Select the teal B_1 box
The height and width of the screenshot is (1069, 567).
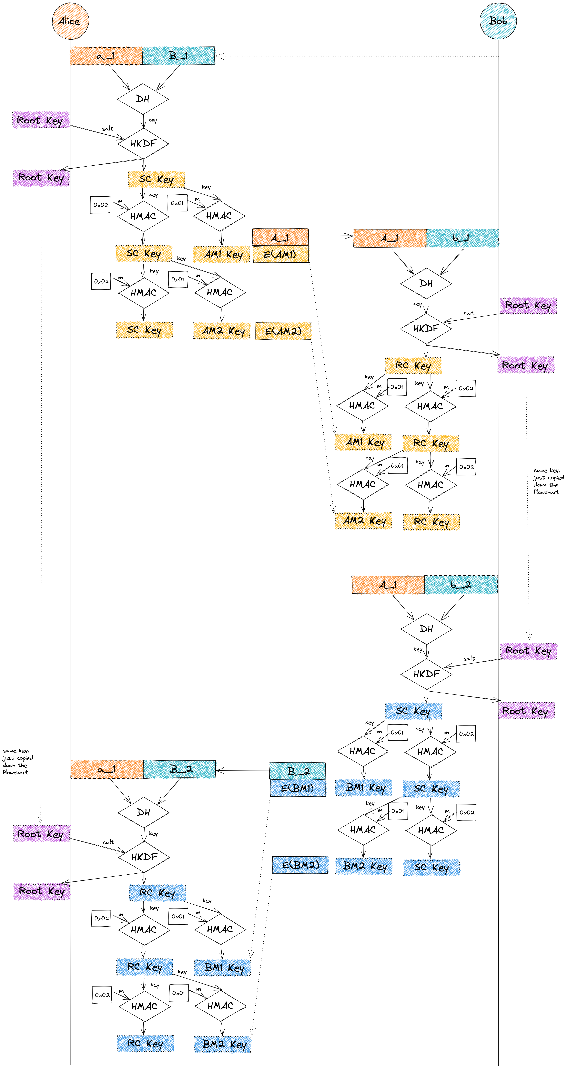(178, 56)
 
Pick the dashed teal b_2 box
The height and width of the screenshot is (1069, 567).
(461, 585)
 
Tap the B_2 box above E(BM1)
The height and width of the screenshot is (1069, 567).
(298, 771)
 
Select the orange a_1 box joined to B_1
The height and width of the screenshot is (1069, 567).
(106, 56)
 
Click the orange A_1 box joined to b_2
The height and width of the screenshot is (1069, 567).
(388, 585)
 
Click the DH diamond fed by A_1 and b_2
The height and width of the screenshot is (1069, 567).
(426, 629)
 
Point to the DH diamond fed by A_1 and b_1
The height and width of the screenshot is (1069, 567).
(426, 283)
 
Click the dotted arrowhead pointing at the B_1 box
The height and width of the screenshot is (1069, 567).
(218, 56)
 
